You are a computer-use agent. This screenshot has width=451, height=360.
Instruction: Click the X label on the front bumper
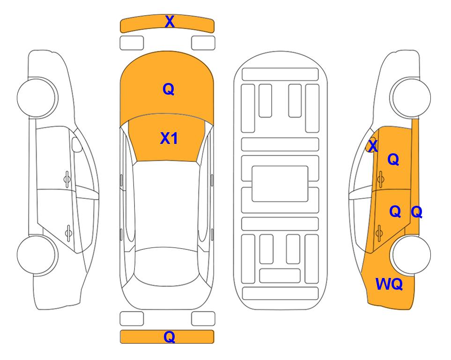point(170,22)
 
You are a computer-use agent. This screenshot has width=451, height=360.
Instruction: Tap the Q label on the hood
point(169,89)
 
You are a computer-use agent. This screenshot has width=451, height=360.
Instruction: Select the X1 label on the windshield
point(169,138)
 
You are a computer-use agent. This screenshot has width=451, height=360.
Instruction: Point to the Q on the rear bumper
point(170,337)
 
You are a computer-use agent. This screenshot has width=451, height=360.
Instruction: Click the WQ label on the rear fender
point(389,284)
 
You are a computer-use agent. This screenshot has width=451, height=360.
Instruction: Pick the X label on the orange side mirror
point(373,146)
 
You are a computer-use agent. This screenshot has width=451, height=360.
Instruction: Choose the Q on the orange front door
point(393,159)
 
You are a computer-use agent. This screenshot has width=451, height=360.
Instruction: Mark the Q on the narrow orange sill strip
point(416,212)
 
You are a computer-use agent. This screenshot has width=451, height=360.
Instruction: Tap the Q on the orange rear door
point(395,212)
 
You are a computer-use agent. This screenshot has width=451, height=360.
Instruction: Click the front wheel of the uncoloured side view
point(37,97)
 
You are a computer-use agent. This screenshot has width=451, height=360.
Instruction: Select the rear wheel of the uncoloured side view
point(37,255)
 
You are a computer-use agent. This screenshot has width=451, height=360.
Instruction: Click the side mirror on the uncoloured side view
point(77,144)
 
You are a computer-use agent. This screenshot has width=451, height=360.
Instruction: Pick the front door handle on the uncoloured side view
point(67,179)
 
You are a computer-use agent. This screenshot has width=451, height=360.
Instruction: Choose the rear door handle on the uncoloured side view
point(68,232)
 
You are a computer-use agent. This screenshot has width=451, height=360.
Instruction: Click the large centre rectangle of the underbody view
point(280,184)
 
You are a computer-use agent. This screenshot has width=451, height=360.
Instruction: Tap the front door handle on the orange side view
point(381,179)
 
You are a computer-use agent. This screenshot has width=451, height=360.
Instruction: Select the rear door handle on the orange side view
point(379,232)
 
